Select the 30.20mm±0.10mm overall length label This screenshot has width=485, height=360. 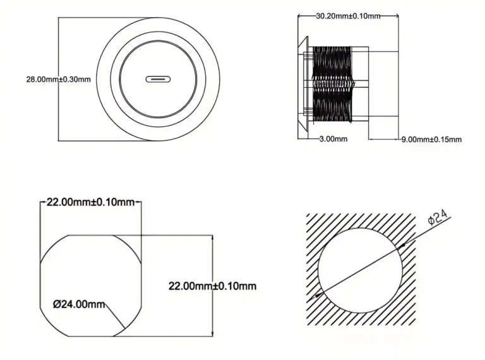click(x=347, y=16)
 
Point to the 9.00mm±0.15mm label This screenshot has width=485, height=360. click(x=431, y=139)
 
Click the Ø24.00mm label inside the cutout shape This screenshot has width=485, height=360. click(x=79, y=304)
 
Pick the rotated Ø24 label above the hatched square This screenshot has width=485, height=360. click(x=438, y=219)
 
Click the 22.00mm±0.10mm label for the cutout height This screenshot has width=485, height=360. click(x=212, y=286)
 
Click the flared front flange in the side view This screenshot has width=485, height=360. click(x=302, y=82)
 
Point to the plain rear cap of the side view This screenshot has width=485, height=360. click(x=361, y=82)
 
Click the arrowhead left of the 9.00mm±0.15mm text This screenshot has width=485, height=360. click(x=371, y=139)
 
